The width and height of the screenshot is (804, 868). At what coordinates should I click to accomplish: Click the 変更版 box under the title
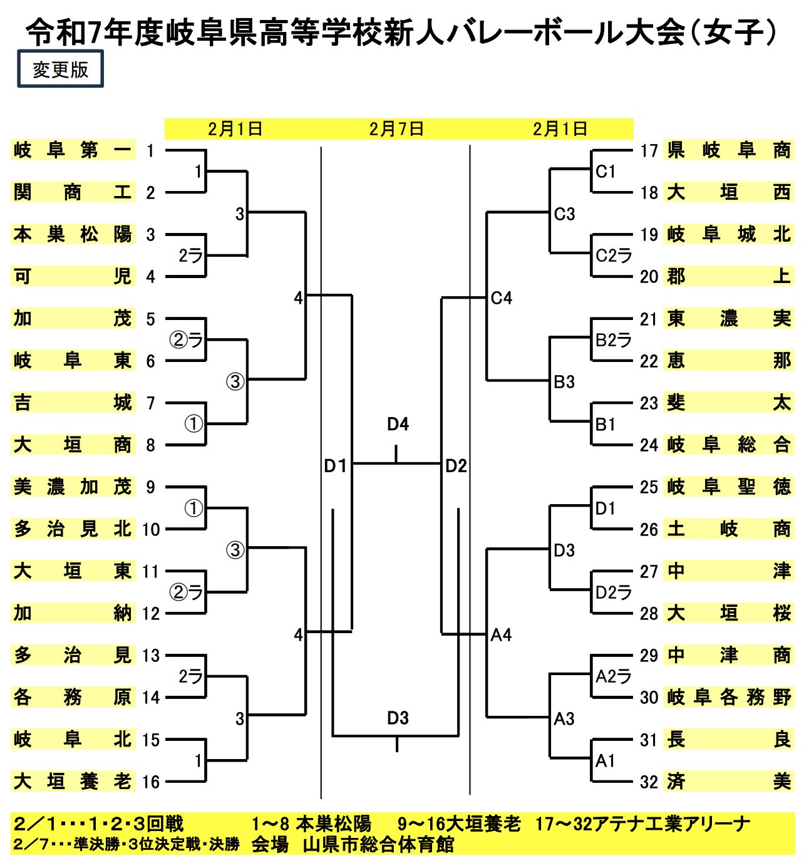click(x=60, y=69)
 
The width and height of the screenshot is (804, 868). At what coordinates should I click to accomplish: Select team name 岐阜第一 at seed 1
click(x=73, y=150)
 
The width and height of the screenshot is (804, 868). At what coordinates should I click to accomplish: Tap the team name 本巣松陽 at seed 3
click(x=73, y=234)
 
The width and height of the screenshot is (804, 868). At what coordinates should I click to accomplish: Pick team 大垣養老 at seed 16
click(x=73, y=781)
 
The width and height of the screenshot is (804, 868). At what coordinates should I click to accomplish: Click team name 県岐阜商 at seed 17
click(x=728, y=150)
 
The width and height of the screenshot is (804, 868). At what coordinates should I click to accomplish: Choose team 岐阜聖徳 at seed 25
click(x=728, y=487)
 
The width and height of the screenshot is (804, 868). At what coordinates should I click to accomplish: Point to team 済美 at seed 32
click(x=728, y=781)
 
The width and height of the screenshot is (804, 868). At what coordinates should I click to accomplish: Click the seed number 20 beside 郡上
click(x=649, y=276)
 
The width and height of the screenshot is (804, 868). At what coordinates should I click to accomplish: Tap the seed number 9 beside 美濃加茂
click(x=150, y=487)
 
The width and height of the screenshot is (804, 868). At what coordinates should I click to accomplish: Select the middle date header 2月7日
click(x=396, y=129)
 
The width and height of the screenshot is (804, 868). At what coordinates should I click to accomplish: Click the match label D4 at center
click(x=398, y=425)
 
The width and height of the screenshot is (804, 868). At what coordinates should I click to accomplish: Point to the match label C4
click(x=501, y=298)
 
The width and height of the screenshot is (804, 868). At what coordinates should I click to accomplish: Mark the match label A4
click(x=501, y=635)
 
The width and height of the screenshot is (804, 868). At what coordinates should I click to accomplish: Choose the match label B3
click(x=564, y=382)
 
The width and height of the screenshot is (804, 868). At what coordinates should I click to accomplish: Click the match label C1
click(x=606, y=172)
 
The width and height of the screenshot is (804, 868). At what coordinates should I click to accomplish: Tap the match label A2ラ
click(x=613, y=676)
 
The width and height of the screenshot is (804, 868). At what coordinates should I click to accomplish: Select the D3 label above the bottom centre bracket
click(x=398, y=718)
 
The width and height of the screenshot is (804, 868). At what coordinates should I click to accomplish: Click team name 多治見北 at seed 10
click(x=73, y=529)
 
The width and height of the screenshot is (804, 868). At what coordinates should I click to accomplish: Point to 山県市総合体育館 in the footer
click(x=378, y=845)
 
